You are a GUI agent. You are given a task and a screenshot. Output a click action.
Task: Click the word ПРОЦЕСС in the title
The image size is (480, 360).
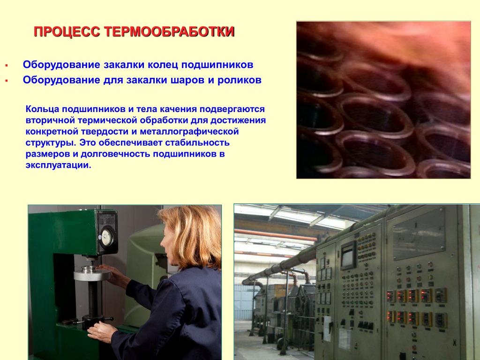click(67, 32)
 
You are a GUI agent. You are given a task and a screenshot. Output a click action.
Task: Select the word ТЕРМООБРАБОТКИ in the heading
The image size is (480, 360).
click(169, 32)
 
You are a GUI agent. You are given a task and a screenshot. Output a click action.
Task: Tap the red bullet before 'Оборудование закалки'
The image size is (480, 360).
click(6, 66)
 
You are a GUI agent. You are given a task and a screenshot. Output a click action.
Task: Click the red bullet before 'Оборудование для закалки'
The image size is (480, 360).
click(6, 81)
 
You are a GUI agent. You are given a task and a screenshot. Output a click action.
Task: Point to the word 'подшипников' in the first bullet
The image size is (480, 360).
click(217, 65)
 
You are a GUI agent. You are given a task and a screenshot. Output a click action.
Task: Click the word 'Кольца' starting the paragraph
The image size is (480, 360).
click(42, 109)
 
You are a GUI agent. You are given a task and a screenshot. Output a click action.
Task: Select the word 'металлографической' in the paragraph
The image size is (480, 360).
click(189, 132)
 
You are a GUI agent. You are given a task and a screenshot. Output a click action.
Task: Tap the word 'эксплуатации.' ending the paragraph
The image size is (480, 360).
click(59, 165)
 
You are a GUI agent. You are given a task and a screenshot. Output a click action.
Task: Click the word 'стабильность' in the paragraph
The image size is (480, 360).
click(197, 142)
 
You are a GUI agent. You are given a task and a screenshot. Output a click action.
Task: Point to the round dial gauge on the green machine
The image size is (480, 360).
click(107, 237)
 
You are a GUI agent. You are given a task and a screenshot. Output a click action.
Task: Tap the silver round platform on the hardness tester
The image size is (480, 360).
click(92, 274)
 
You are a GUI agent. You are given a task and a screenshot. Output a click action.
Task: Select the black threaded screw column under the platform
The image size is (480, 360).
click(92, 299)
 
